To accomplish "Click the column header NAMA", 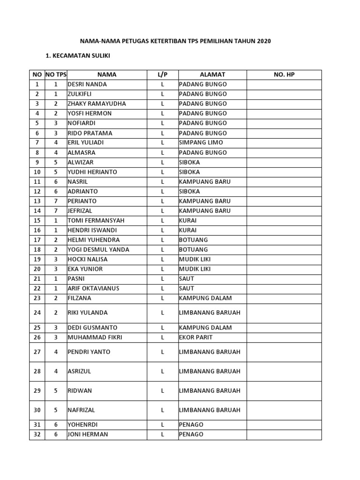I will (107, 75).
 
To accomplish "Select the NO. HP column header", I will (284, 75).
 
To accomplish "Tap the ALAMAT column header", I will (212, 75).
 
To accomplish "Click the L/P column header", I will (162, 75).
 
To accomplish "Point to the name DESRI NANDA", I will (87, 84).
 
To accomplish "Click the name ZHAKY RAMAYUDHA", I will (97, 104).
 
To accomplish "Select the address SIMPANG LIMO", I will (201, 142).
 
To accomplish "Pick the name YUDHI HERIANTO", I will (92, 172).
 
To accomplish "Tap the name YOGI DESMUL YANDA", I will (98, 250).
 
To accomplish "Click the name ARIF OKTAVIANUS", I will (94, 288).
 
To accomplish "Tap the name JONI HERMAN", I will (88, 435).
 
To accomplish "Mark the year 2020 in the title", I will (263, 42).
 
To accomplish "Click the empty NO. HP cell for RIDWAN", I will (284, 390).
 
